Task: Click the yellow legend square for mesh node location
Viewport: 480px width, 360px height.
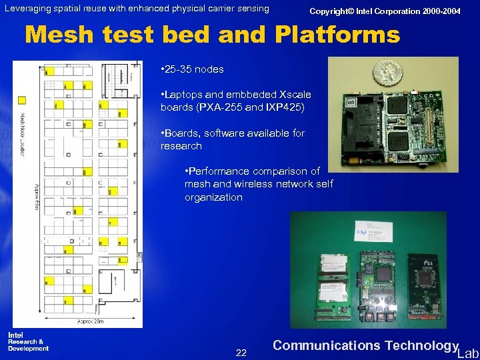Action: (22, 100)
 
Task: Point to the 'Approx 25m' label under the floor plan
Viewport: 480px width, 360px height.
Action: (89, 321)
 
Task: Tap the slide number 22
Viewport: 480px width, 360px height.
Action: (241, 353)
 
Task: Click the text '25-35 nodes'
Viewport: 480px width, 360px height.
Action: (193, 69)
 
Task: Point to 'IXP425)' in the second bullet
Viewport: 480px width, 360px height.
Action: (287, 107)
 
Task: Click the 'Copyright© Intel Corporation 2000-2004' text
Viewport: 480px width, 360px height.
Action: (385, 11)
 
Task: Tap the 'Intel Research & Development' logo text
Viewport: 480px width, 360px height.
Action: (28, 341)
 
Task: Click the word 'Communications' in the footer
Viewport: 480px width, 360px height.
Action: (325, 345)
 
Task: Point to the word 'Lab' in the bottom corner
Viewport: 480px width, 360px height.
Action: (468, 353)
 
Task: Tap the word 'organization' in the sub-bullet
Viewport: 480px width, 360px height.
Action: (213, 197)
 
